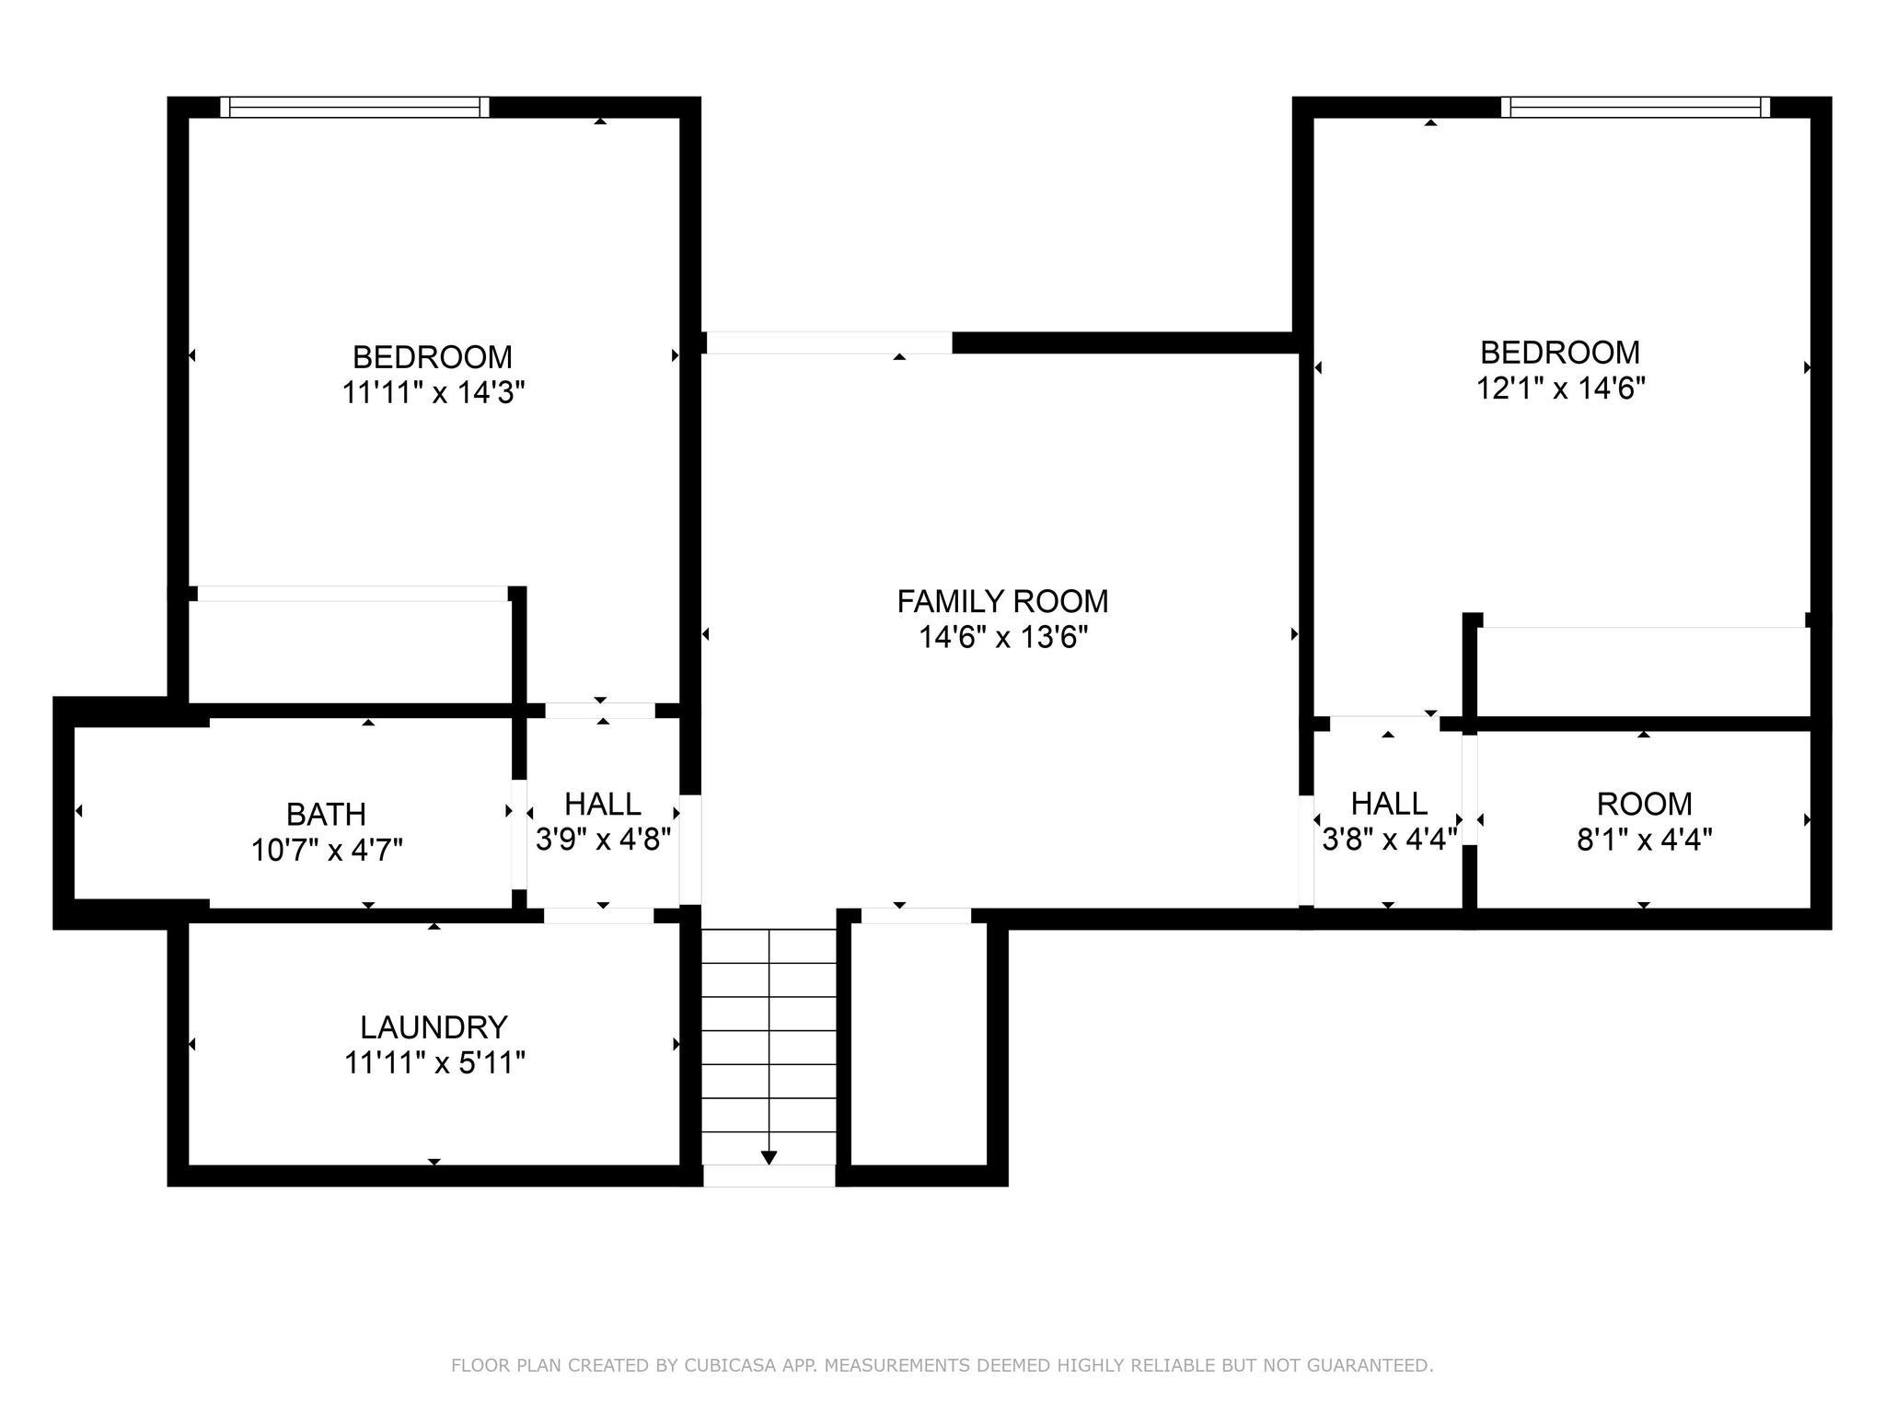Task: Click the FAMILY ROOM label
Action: pos(1002,601)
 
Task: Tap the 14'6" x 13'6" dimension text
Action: pos(1003,637)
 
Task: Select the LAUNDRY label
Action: pos(434,1026)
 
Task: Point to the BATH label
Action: pos(326,814)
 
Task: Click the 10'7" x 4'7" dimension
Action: pos(327,850)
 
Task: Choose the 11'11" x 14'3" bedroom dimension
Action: pos(433,393)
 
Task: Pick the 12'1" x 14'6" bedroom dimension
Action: pos(1560,388)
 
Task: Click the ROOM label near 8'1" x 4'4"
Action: pos(1644,804)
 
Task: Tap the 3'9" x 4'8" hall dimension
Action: pos(603,840)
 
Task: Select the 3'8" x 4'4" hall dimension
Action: pos(1389,840)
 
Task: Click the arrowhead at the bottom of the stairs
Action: pos(769,1157)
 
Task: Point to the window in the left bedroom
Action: pos(355,108)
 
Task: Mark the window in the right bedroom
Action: pos(1635,108)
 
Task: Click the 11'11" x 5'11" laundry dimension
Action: pos(434,1063)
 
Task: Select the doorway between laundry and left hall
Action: pos(599,915)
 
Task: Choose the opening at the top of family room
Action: pos(829,342)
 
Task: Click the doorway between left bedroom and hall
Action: pos(600,711)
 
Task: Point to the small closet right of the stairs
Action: pos(919,1045)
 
